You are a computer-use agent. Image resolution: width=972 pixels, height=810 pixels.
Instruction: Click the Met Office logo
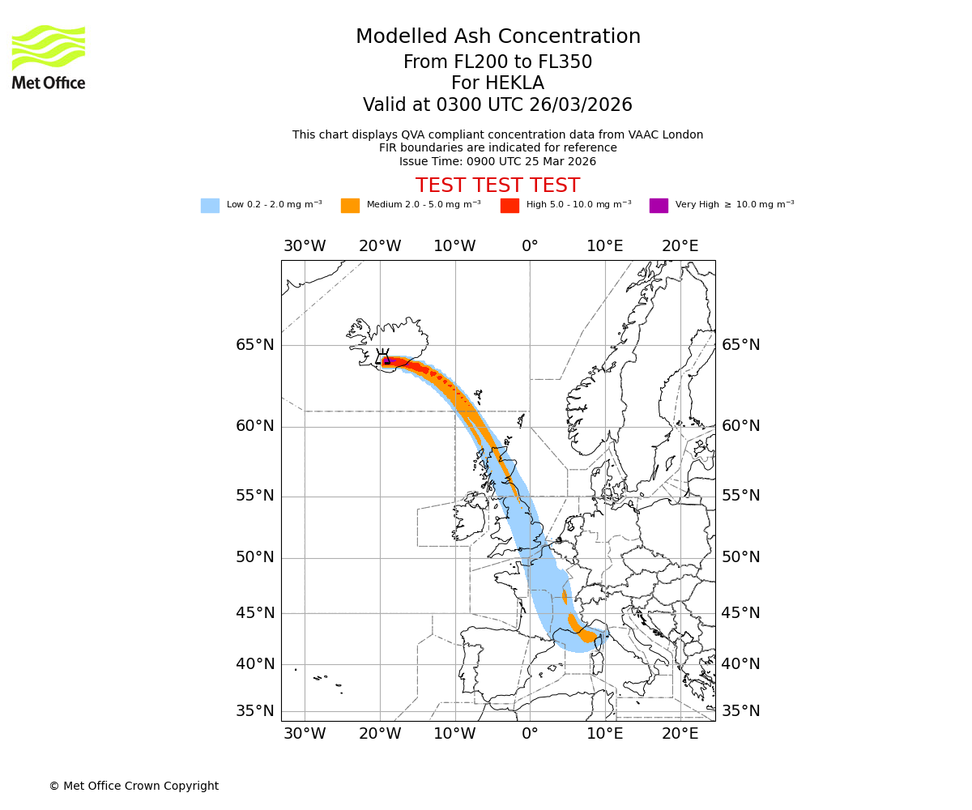[x=49, y=57]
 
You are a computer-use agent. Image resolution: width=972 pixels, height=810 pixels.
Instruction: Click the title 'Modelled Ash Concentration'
[x=497, y=36]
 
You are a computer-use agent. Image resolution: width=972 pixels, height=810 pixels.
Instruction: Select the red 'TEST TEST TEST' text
[x=497, y=185]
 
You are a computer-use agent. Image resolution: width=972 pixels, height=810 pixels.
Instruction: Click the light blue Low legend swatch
[x=210, y=206]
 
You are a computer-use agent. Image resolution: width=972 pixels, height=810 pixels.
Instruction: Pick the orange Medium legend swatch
[x=350, y=206]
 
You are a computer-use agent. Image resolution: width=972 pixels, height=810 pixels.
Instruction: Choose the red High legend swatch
[x=509, y=206]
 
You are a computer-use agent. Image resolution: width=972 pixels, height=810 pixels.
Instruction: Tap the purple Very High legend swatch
[x=659, y=206]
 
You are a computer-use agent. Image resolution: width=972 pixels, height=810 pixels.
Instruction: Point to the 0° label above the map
[x=530, y=246]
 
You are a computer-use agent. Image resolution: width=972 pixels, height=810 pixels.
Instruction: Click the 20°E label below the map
[x=680, y=734]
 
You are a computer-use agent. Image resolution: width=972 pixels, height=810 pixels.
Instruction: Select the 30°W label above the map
[x=305, y=246]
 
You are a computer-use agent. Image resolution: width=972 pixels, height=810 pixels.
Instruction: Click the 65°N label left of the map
[x=255, y=345]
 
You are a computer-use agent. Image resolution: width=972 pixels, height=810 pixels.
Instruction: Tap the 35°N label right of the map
[x=741, y=711]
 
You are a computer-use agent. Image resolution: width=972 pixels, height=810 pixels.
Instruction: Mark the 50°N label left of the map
[x=255, y=557]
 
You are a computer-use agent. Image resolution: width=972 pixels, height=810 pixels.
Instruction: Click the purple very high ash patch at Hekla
[x=386, y=361]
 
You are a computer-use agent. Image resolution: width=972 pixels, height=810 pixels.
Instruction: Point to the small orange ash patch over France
[x=565, y=597]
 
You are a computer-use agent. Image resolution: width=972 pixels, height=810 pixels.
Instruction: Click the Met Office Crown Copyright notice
[x=134, y=786]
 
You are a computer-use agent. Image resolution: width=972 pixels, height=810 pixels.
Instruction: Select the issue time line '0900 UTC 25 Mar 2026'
[x=497, y=161]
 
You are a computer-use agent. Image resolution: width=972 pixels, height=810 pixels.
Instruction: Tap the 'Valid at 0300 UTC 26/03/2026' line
[x=497, y=105]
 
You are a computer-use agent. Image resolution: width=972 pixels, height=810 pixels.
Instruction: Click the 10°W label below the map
[x=454, y=734]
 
